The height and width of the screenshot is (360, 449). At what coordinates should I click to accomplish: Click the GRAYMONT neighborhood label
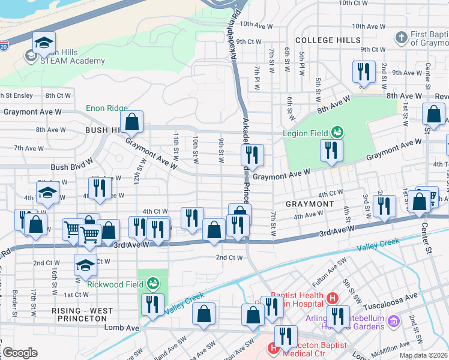(x=309, y=204)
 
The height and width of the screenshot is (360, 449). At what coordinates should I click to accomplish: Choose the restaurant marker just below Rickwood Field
(x=152, y=304)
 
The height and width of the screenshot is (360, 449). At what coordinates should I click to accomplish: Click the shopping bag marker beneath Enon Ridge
(x=131, y=122)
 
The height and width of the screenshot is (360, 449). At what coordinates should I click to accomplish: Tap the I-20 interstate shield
(x=4, y=46)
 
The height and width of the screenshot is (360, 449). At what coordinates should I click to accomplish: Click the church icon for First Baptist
(x=402, y=38)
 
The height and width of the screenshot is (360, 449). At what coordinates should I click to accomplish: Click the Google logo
(x=19, y=353)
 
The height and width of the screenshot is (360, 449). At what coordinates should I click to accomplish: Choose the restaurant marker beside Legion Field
(x=331, y=150)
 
